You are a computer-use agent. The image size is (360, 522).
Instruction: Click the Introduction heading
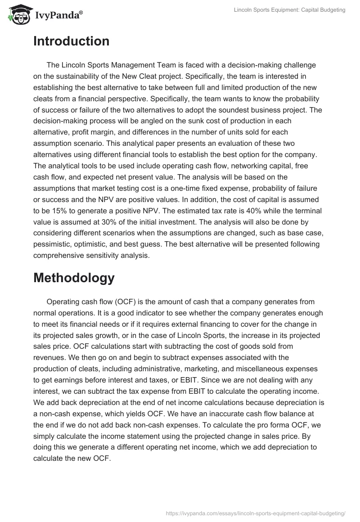(x=71, y=41)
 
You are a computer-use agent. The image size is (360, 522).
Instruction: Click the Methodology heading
(x=74, y=278)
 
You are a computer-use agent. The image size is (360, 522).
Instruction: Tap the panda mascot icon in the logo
(x=18, y=13)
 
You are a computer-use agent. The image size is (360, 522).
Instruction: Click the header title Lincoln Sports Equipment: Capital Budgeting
(x=290, y=10)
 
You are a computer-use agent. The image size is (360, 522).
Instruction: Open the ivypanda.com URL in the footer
(x=256, y=513)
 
